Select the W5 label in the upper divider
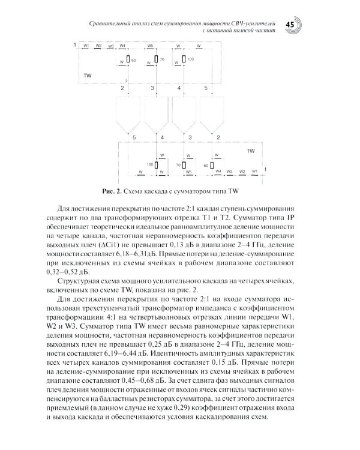[x=150, y=45]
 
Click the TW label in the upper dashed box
[x=88, y=76]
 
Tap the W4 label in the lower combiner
[x=218, y=171]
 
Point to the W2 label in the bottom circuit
[x=242, y=171]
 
